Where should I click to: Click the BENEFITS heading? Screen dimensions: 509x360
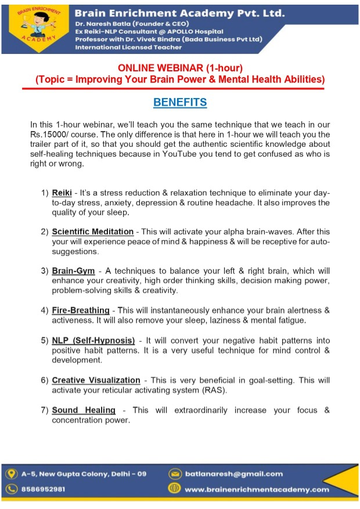tap(180, 103)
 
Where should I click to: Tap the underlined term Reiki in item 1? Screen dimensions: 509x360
tap(63, 193)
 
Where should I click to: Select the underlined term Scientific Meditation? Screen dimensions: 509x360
tap(92, 232)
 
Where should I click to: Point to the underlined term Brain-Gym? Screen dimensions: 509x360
tap(73, 271)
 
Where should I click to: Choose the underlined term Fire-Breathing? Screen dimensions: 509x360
tap(81, 310)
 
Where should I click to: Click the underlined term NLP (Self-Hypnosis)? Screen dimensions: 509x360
tap(93, 340)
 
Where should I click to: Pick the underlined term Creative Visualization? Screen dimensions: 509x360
tap(96, 380)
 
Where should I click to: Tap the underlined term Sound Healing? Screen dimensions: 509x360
tap(84, 410)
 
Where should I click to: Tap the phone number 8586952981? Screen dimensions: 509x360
tap(44, 489)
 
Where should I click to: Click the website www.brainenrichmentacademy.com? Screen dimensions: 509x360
tap(257, 489)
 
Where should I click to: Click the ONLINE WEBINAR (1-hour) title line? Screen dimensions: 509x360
tap(180, 68)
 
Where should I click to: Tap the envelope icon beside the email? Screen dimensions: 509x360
tap(174, 474)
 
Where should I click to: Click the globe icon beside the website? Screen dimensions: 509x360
tap(174, 489)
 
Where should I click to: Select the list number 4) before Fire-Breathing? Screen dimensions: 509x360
tap(45, 311)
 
